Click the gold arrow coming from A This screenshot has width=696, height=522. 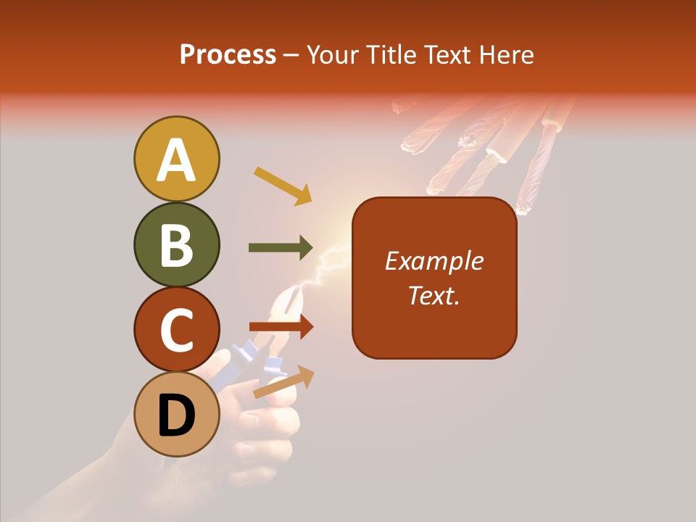(x=283, y=186)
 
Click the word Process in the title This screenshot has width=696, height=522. (x=228, y=54)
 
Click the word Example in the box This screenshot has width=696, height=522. (x=434, y=261)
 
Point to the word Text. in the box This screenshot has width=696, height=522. (x=434, y=295)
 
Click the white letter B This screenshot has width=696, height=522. (x=176, y=245)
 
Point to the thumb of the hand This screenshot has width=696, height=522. (x=217, y=366)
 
